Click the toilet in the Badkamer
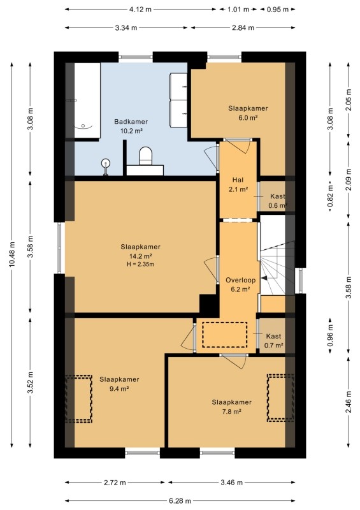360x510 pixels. [x=145, y=156]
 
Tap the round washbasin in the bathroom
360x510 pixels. [x=106, y=163]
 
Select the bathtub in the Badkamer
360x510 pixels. [x=87, y=100]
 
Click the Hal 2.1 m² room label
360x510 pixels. [x=238, y=184]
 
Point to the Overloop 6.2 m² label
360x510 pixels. [x=241, y=284]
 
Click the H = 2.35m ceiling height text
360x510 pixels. [x=140, y=264]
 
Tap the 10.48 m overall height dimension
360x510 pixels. [x=12, y=254]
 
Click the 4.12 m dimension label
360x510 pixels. [x=140, y=10]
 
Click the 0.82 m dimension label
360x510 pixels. [x=331, y=196]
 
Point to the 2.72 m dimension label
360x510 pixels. [x=115, y=483]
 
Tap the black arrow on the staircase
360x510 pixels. [x=264, y=278]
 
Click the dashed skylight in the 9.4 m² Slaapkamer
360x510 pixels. [x=78, y=399]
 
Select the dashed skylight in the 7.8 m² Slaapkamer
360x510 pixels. [x=281, y=398]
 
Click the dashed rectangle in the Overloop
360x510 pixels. [x=225, y=335]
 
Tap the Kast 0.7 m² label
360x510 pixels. [x=274, y=340]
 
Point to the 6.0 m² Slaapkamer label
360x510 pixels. [x=248, y=113]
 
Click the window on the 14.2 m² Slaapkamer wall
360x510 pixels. [x=59, y=248]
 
